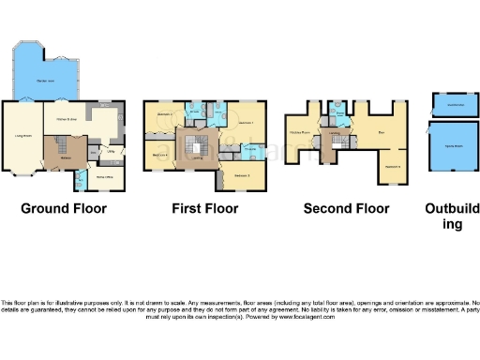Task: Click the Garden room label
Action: [x=45, y=82]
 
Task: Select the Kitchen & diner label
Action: [x=66, y=118]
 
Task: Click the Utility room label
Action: [x=110, y=151]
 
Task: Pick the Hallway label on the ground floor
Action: [x=67, y=159]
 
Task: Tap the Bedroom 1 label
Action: [x=247, y=124]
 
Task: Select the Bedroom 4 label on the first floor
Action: [x=159, y=155]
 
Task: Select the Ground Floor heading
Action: [x=64, y=208]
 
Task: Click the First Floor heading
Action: [x=205, y=208]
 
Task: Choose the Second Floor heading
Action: [x=346, y=208]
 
